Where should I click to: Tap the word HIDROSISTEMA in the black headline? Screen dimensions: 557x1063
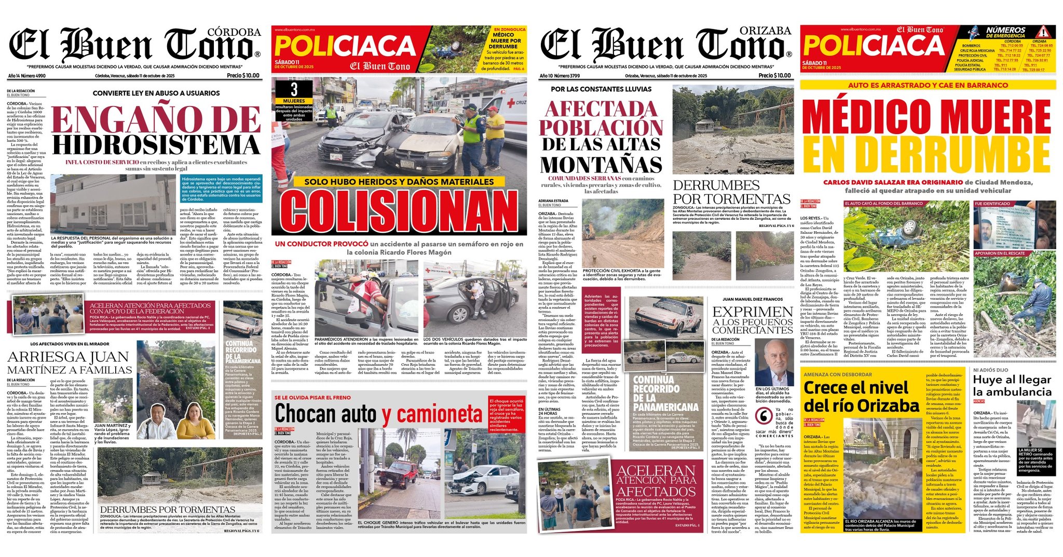156,145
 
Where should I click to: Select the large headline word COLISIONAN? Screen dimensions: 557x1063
399,210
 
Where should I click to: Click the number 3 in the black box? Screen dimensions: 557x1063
294,89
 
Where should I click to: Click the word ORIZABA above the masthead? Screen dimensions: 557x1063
766,31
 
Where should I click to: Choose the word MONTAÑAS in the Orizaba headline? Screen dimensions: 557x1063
601,165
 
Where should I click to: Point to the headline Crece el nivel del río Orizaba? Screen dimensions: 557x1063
861,396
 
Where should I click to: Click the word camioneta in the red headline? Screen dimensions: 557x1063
440,414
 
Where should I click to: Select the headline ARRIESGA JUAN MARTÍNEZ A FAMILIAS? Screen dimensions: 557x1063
70,363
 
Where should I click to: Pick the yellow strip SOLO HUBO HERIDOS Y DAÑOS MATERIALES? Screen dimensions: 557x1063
399,182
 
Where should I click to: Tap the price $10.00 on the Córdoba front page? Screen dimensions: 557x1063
243,76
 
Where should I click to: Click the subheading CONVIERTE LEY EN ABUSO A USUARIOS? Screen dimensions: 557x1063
156,94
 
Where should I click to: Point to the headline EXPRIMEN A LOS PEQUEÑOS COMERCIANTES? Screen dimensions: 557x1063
753,320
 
